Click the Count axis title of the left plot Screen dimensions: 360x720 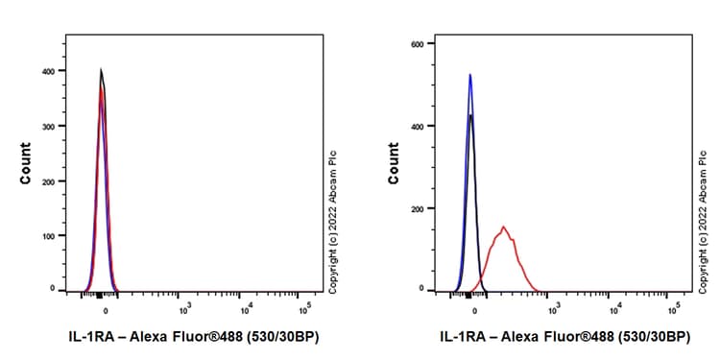click(26, 163)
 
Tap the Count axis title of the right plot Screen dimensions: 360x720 click(394, 163)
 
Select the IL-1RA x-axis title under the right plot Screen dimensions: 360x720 click(551, 337)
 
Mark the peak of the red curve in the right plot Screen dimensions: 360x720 click(503, 228)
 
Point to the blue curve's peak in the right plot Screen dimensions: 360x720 click(470, 75)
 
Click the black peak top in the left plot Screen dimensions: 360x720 click(101, 69)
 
